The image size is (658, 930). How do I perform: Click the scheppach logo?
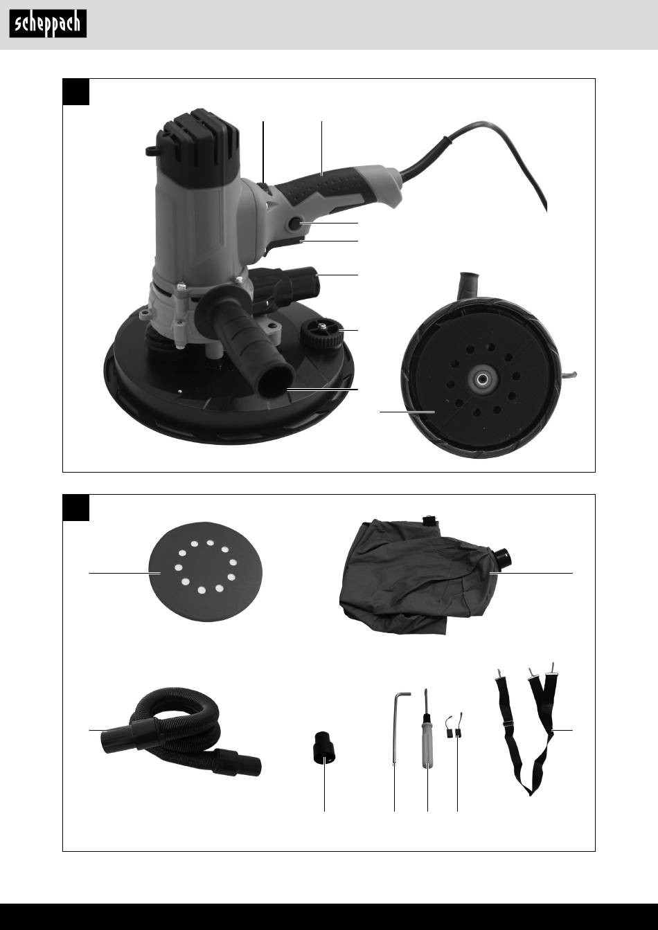click(x=48, y=24)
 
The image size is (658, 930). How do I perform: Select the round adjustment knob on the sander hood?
click(x=323, y=332)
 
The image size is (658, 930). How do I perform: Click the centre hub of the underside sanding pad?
click(x=482, y=379)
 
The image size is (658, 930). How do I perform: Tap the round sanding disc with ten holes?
click(x=205, y=572)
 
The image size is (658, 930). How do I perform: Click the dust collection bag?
click(x=425, y=577)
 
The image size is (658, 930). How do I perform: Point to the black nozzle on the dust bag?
click(x=501, y=557)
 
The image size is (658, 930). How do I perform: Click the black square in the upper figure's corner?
click(x=76, y=92)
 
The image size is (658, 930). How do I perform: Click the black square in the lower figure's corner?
click(x=76, y=507)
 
